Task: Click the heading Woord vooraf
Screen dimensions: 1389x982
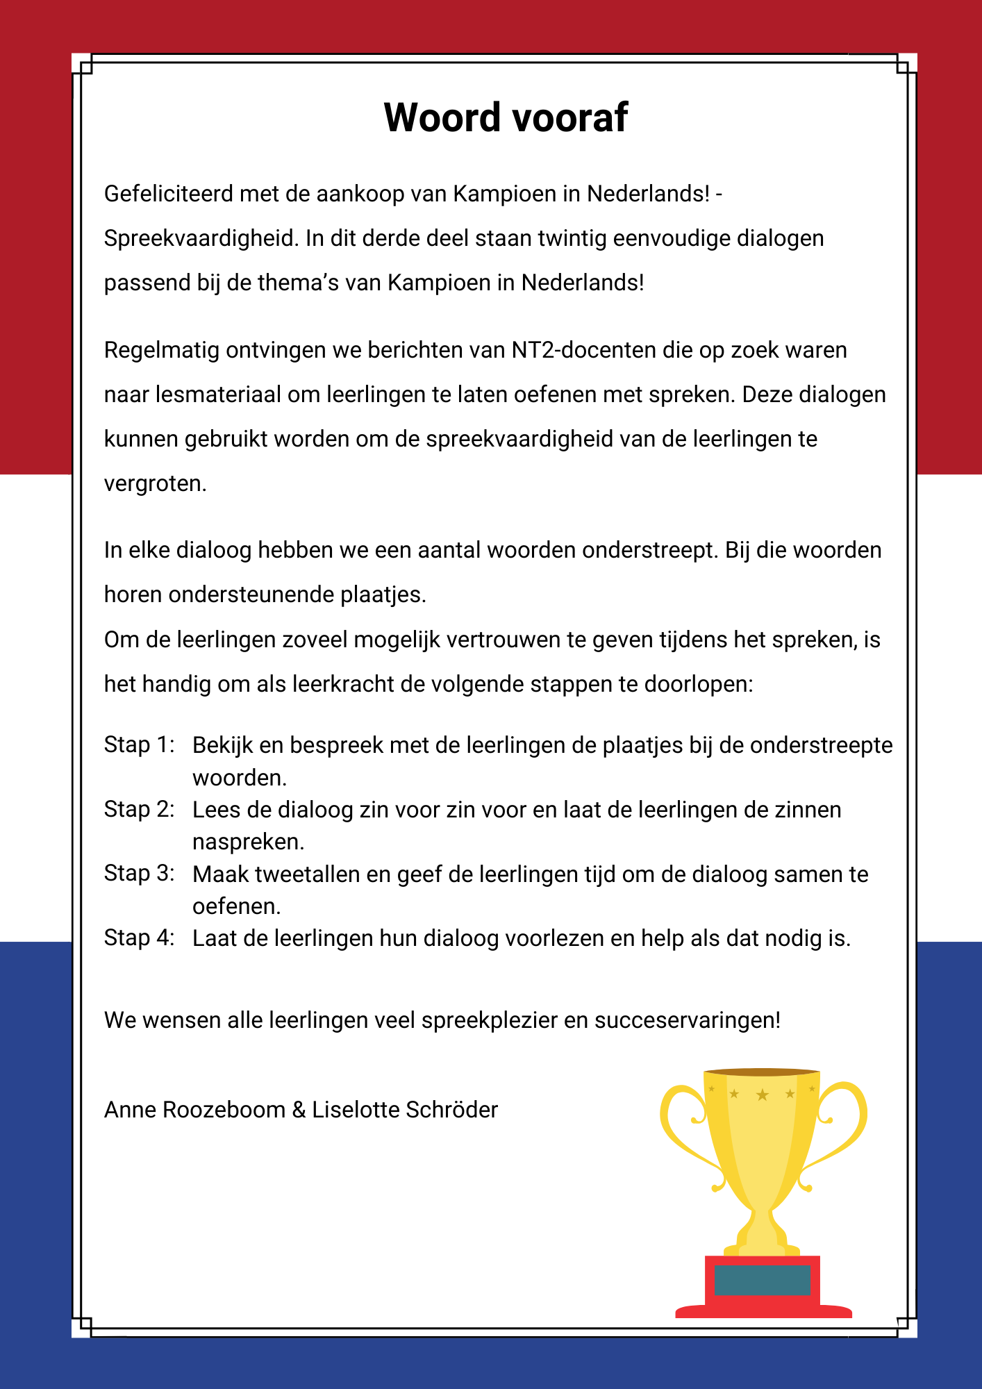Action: tap(506, 117)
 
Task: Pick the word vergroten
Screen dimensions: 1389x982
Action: tap(155, 483)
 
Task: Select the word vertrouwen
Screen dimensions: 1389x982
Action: tap(503, 640)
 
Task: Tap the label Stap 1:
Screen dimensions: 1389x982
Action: tap(139, 745)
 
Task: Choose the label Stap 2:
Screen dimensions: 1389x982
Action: tap(139, 809)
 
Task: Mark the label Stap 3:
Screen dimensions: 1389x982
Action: tap(139, 873)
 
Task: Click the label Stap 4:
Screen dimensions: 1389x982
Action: tap(139, 938)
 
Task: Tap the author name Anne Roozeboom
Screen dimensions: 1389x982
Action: tap(194, 1110)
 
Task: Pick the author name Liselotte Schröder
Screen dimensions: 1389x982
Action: tap(405, 1110)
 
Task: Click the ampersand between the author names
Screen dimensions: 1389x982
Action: tap(299, 1110)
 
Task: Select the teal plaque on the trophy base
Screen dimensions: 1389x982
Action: tap(763, 1280)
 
